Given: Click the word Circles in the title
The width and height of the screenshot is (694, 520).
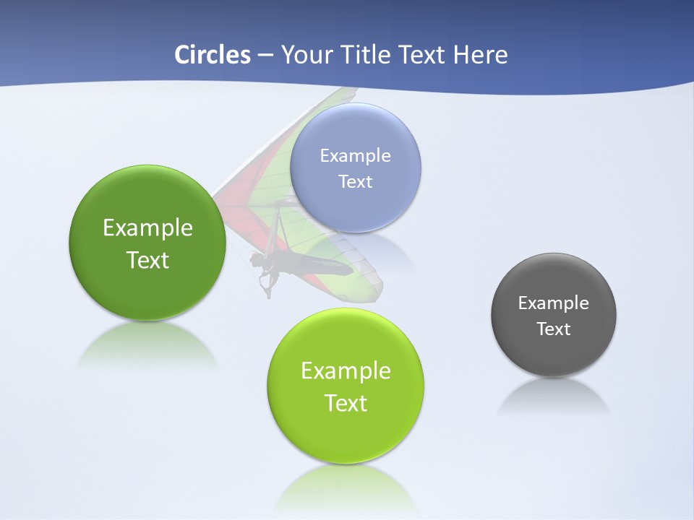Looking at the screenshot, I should point(213,55).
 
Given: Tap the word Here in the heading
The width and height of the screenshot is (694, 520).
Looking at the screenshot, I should point(480,55).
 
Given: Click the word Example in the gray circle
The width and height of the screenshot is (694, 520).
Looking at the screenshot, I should point(554,303).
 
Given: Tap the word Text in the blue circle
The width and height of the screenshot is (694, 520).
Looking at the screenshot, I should point(355,181).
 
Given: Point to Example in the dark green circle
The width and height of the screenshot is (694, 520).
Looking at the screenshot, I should point(147,228).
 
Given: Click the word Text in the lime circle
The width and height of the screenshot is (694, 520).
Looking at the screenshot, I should point(346,403).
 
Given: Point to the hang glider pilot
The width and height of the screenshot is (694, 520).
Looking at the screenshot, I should point(266,271).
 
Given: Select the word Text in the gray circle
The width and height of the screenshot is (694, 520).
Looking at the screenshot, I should point(554,329).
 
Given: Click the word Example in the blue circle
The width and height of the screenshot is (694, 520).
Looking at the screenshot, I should point(355,155).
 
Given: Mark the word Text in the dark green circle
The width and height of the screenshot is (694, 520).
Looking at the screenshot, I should point(147,260).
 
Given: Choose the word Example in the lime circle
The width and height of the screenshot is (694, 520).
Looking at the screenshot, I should point(346,371).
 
